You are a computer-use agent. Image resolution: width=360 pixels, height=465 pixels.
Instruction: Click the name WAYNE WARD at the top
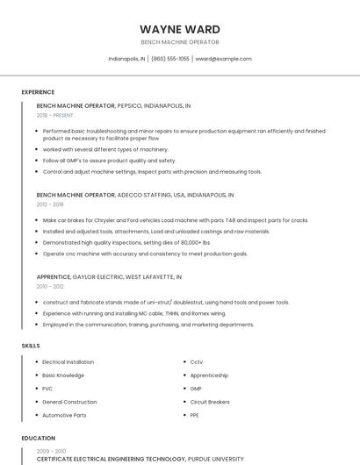[180, 29]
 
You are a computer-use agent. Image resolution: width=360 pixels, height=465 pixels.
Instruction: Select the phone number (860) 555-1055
[170, 59]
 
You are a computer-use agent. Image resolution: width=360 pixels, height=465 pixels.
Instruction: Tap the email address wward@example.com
[223, 59]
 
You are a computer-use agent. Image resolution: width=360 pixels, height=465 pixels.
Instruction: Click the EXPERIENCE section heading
[38, 92]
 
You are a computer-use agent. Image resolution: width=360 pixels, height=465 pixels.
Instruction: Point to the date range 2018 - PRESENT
[54, 115]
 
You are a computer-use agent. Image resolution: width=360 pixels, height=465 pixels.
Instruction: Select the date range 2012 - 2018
[50, 204]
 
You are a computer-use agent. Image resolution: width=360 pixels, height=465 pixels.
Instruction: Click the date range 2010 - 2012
[50, 286]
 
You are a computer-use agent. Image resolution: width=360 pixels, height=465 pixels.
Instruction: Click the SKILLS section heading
[31, 346]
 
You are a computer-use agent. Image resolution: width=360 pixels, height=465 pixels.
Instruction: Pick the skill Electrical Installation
[68, 362]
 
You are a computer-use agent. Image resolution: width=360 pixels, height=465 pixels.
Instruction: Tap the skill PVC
[47, 388]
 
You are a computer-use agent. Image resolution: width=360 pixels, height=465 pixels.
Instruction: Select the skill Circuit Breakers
[210, 401]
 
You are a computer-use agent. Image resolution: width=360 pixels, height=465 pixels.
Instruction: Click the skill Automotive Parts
[64, 414]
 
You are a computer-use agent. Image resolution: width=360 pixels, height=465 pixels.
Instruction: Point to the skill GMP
[196, 388]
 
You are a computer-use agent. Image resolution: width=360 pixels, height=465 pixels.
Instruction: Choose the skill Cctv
[196, 362]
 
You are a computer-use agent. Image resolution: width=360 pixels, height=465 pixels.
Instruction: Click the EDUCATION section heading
[38, 438]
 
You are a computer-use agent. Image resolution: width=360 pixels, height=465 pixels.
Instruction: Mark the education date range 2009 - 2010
[50, 451]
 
